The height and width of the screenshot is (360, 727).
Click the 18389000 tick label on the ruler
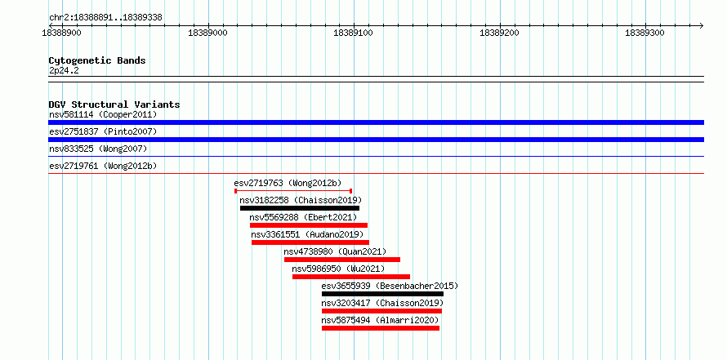[x=208, y=33]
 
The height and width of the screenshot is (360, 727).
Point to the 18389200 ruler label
[x=500, y=33]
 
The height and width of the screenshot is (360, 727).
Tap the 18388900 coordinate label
[x=62, y=33]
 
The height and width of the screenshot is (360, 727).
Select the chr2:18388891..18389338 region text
[x=105, y=18]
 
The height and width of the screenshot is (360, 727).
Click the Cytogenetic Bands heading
[x=97, y=60]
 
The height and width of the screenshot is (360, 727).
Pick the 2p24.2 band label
[x=64, y=71]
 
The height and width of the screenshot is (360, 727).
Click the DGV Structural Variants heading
[x=114, y=104]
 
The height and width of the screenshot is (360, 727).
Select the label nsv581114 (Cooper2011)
[x=103, y=114]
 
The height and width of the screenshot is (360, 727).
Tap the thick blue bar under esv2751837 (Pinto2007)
[x=376, y=140]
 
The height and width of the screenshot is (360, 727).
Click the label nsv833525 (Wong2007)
[x=98, y=149]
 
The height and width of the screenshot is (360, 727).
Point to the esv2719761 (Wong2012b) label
[x=103, y=166]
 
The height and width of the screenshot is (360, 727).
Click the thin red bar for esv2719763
[x=293, y=190]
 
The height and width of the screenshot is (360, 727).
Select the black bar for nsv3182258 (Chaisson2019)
[x=300, y=208]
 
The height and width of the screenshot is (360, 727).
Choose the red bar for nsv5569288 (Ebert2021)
[x=309, y=225]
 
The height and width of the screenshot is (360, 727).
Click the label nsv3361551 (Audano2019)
[x=307, y=234]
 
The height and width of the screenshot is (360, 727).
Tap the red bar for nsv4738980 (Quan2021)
[x=342, y=260]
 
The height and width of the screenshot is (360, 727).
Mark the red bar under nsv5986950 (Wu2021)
[x=351, y=277]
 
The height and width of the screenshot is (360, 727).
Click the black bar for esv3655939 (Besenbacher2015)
[x=382, y=294]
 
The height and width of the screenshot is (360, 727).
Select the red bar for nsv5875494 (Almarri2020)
[x=381, y=328]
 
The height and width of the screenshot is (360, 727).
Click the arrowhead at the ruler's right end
[x=702, y=25]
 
